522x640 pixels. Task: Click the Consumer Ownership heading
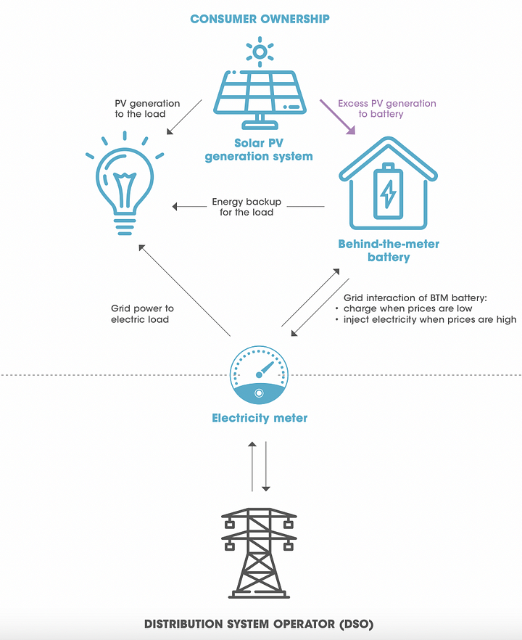[x=259, y=18]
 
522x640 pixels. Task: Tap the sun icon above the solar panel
[x=260, y=51]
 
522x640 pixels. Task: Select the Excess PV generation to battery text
[x=387, y=109]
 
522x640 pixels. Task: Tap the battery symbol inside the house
[x=389, y=192]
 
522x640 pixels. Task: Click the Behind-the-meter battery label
[x=389, y=250]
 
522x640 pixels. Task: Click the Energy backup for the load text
[x=246, y=207]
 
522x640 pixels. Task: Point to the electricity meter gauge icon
[x=259, y=374]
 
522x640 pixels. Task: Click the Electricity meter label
[x=260, y=418]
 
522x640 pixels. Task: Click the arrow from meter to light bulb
[x=184, y=290]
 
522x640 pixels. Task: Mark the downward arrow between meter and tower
[x=266, y=465]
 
